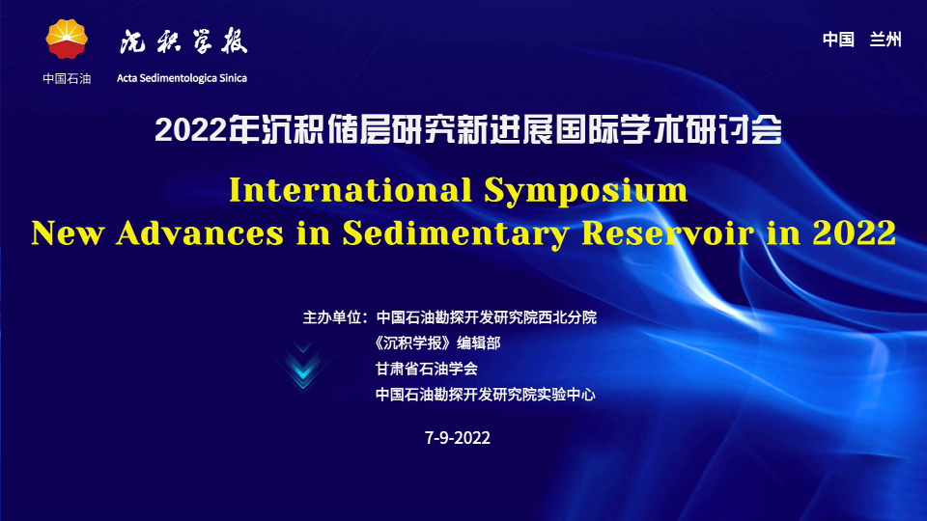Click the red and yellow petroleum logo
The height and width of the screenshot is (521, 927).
point(67,39)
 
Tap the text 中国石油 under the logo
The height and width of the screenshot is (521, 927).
point(67,78)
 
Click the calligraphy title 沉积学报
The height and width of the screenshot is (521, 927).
point(183,41)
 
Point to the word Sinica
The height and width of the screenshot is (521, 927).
point(233,78)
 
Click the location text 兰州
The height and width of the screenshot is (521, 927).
point(885,40)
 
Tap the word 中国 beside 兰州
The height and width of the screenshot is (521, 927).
point(838,40)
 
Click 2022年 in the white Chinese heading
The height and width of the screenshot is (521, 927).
point(207,129)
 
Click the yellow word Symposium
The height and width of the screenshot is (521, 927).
point(586,191)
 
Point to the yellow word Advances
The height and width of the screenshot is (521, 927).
point(200,233)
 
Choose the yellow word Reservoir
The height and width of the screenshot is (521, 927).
point(668,233)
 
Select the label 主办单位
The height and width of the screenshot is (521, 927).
point(331,317)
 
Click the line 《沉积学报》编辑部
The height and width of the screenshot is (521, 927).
point(437,343)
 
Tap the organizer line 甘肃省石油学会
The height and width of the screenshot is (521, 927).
point(426,370)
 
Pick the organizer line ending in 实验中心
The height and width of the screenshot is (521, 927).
point(486,395)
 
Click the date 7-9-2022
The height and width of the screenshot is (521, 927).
point(458,438)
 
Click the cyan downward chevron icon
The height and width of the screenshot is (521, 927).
point(303,368)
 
